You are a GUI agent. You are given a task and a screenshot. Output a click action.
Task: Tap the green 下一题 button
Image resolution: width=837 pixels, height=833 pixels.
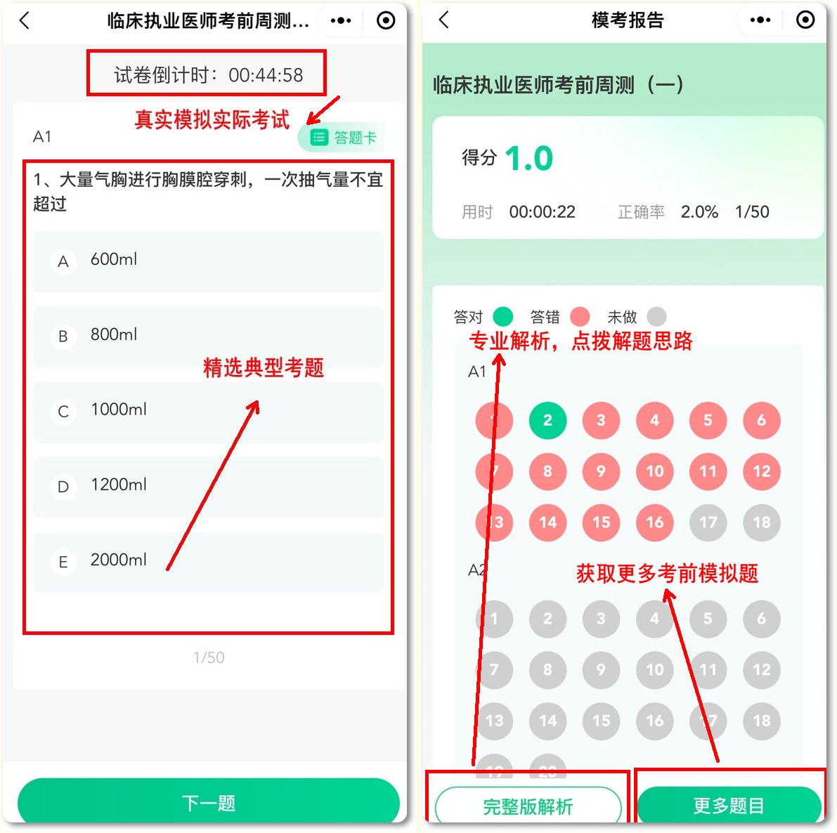(208, 802)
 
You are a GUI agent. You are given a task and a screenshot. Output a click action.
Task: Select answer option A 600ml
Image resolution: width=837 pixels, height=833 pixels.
(208, 261)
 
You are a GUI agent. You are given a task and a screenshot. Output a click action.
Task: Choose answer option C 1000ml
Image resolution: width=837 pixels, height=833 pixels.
(208, 411)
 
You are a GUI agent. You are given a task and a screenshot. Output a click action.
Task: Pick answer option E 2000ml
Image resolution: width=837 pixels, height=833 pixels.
(208, 561)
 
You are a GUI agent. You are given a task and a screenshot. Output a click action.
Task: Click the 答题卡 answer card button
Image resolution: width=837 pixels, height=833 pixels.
(344, 138)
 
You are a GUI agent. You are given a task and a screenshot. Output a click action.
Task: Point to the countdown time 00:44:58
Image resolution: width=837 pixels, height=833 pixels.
(266, 75)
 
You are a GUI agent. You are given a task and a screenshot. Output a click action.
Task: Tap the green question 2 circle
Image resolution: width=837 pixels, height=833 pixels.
(547, 420)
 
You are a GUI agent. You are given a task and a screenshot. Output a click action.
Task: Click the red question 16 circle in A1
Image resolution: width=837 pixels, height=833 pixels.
(654, 522)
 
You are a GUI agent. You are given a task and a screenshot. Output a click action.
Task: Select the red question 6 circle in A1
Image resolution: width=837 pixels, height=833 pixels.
(761, 420)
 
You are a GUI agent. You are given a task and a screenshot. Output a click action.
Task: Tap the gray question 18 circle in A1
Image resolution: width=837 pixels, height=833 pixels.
(761, 522)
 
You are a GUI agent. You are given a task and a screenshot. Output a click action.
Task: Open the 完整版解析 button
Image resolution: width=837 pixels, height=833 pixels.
(528, 806)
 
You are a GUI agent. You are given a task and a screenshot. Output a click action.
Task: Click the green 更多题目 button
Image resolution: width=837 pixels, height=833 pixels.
(729, 806)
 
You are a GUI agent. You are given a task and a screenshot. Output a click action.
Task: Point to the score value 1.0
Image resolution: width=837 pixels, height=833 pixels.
(528, 159)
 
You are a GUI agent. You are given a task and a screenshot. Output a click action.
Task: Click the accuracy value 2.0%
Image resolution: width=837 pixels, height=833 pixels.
(699, 212)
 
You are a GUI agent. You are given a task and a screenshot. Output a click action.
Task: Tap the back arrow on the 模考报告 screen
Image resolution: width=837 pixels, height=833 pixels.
(443, 20)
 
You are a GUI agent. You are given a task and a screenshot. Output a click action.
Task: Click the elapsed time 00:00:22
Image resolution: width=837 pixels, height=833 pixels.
(542, 212)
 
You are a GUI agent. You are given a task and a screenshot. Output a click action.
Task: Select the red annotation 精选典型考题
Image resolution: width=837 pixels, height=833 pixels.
(264, 367)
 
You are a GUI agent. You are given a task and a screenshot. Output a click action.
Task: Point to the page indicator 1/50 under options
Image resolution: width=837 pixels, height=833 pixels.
(209, 657)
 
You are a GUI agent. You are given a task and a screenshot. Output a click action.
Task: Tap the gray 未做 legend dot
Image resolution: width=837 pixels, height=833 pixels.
(656, 317)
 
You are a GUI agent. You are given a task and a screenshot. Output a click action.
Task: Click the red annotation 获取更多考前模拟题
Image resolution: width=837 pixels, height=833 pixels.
(667, 573)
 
